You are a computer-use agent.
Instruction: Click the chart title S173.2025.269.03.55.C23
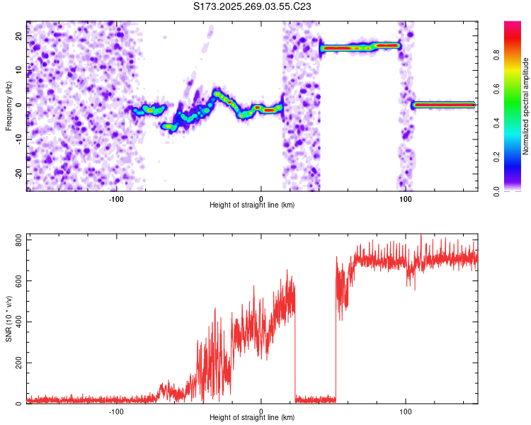pyautogui.click(x=253, y=7)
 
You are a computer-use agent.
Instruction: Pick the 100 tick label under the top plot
pyautogui.click(x=405, y=198)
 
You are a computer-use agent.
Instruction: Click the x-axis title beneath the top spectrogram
pyautogui.click(x=252, y=205)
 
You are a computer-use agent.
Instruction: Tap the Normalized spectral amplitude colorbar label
pyautogui.click(x=526, y=106)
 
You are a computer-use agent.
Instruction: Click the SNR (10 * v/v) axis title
pyautogui.click(x=8, y=319)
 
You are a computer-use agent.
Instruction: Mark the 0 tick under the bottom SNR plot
pyautogui.click(x=261, y=411)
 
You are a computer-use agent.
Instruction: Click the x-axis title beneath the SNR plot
pyautogui.click(x=252, y=418)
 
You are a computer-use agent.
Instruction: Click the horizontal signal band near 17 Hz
pyautogui.click(x=360, y=47)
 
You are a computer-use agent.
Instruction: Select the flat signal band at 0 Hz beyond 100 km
pyautogui.click(x=444, y=105)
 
